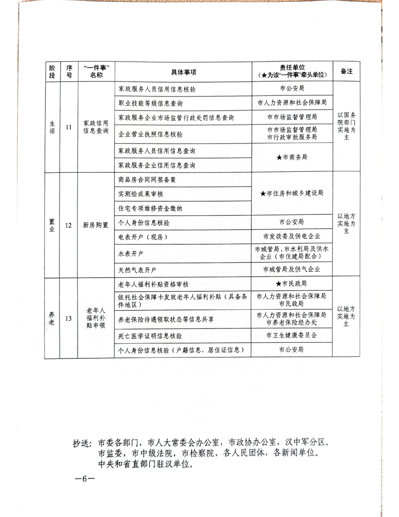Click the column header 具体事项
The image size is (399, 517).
coord(183,71)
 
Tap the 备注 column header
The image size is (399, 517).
coord(346,71)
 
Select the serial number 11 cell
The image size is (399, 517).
coord(69,127)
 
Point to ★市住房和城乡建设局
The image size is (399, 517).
coord(292,193)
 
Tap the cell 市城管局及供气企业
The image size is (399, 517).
coord(292,269)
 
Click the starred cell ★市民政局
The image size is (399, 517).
coord(292,284)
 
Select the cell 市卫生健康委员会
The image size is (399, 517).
coord(292,336)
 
